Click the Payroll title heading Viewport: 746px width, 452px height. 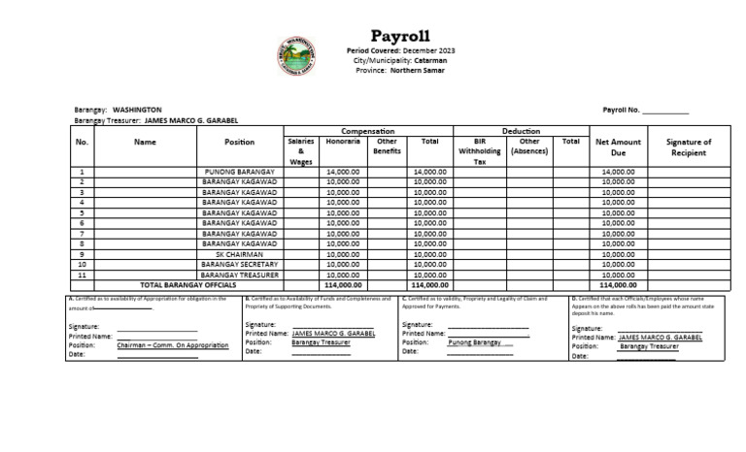tap(400, 37)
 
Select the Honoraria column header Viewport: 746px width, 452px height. tap(343, 142)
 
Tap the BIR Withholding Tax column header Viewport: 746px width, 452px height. tap(480, 151)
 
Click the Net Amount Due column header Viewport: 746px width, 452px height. tap(618, 146)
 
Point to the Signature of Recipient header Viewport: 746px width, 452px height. tap(689, 146)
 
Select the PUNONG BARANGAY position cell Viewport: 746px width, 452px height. tap(240, 172)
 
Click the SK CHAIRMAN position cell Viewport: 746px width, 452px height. tap(240, 254)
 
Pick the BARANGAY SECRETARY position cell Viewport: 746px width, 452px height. tap(240, 265)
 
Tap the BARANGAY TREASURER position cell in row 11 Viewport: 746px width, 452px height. tap(240, 275)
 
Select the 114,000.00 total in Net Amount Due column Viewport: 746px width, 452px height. tap(618, 286)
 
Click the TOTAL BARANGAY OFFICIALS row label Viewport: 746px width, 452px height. tap(187, 286)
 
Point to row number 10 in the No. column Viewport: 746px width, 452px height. tap(82, 265)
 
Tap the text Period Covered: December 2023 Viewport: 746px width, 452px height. tap(400, 50)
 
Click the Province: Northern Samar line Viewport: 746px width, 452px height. tap(400, 70)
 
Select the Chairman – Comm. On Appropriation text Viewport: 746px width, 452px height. tap(173, 345)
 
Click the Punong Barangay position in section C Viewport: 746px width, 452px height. tap(475, 342)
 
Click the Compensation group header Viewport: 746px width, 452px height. tap(367, 131)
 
